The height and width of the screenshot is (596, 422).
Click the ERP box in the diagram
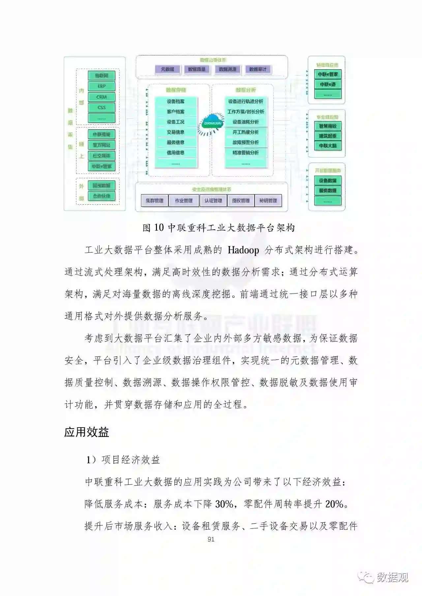tap(102, 86)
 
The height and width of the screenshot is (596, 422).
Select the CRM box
tap(102, 97)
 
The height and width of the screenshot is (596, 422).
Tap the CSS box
tap(102, 107)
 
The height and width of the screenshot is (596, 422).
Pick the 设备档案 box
tap(176, 101)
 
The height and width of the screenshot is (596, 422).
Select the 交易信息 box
tap(176, 132)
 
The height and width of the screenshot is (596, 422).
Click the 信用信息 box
tap(176, 153)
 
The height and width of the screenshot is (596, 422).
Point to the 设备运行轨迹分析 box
tap(246, 101)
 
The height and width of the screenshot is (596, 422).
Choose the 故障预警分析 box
tap(246, 142)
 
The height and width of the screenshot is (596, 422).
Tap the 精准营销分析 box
tap(246, 153)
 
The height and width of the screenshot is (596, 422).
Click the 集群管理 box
tap(155, 200)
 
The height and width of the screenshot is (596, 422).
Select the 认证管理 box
tap(213, 200)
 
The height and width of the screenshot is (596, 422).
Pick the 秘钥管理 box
tap(268, 200)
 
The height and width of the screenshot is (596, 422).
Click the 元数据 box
tap(167, 69)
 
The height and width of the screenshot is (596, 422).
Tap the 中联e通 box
tap(328, 84)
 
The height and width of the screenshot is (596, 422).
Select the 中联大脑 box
tap(328, 146)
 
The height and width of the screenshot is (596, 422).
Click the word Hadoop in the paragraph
tap(243, 250)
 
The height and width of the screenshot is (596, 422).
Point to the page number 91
tap(211, 539)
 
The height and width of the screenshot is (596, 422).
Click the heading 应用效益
tap(87, 432)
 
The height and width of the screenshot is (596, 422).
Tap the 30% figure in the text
tap(224, 504)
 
